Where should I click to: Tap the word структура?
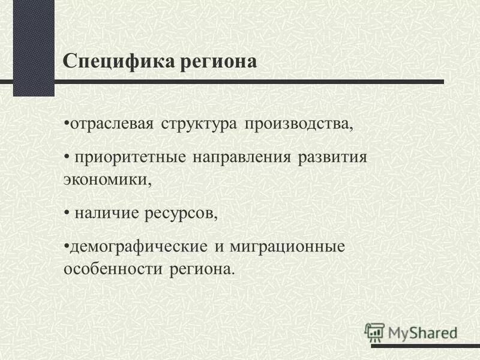pos(201,125)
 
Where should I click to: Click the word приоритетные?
pos(130,158)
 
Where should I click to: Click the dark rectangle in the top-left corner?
pos(34,48)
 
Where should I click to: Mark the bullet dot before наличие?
pos(67,214)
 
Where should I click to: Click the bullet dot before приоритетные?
pos(67,158)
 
